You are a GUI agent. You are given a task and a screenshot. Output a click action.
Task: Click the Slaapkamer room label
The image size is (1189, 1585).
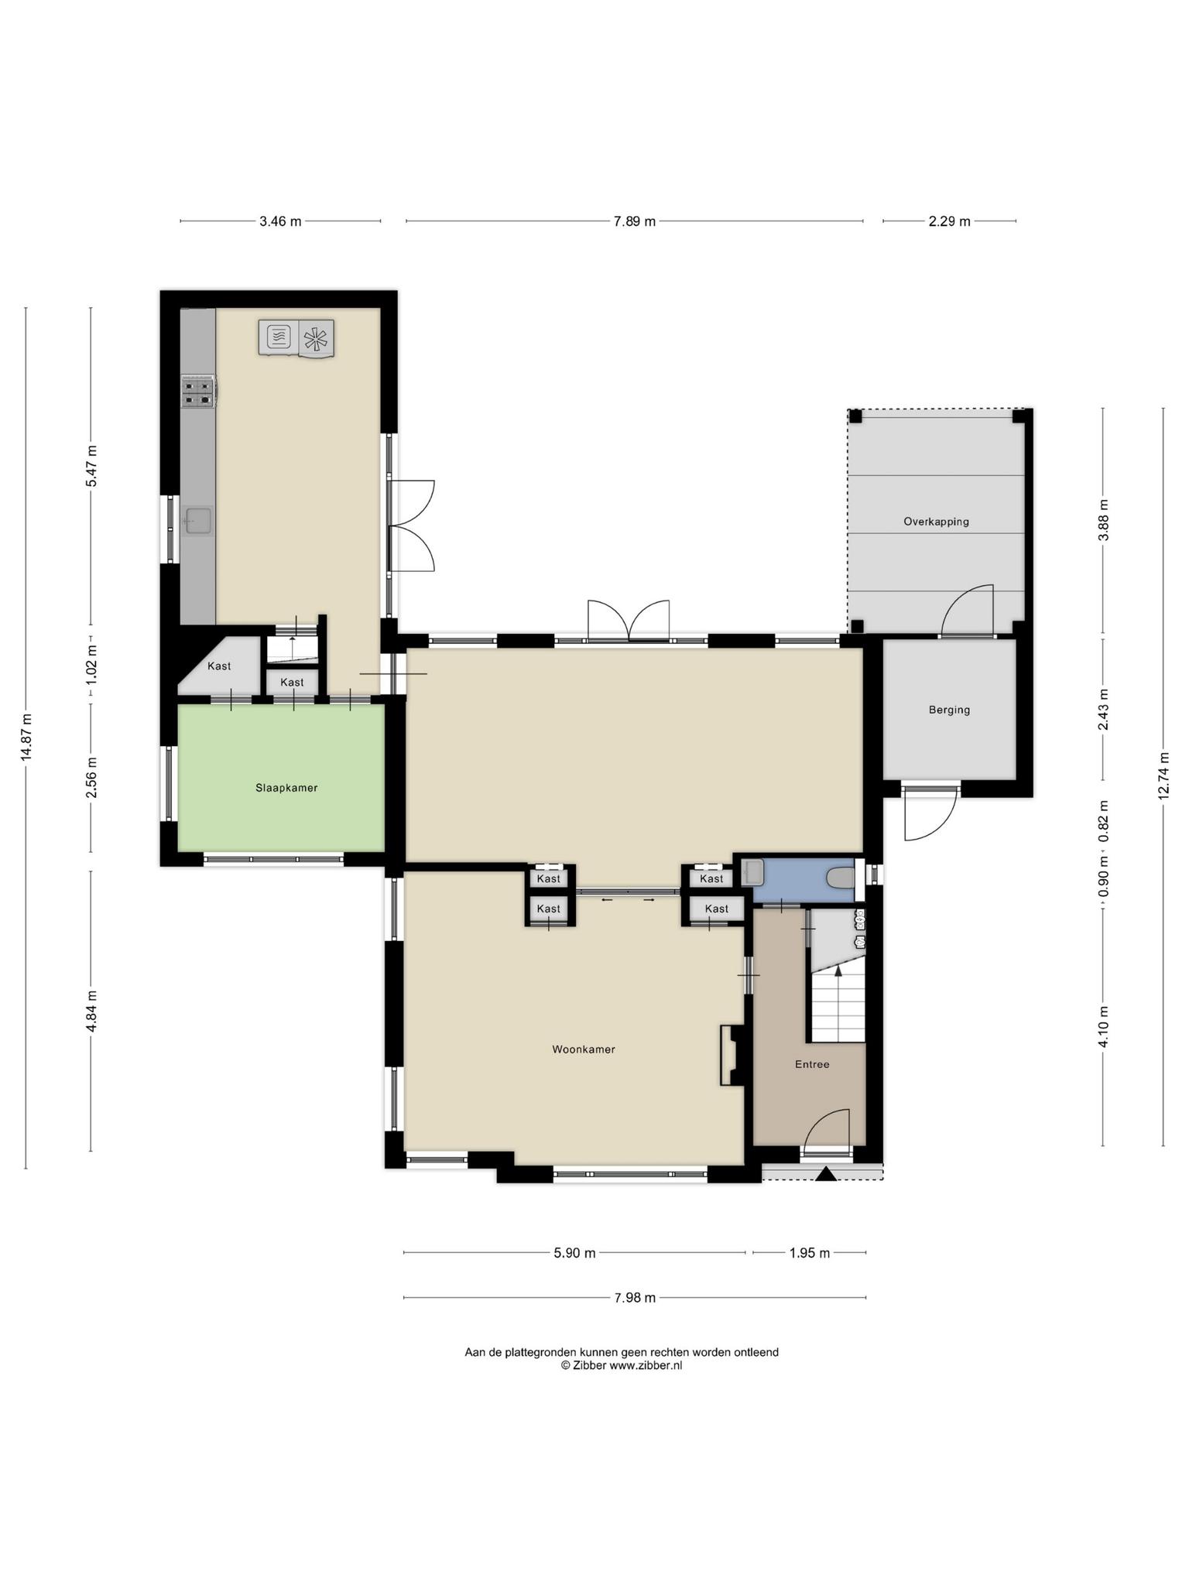(x=286, y=788)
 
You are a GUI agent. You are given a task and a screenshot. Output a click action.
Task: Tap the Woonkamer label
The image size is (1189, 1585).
(x=584, y=1049)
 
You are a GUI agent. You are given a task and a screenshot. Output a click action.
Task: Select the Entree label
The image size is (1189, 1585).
(x=812, y=1064)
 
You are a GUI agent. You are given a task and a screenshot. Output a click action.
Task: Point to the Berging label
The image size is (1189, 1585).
(x=949, y=710)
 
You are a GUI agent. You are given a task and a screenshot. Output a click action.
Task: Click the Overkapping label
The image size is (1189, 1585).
(x=936, y=522)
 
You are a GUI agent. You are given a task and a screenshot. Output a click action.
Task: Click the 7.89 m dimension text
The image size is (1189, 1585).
(x=635, y=221)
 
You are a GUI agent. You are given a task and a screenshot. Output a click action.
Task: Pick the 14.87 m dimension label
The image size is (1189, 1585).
(x=26, y=738)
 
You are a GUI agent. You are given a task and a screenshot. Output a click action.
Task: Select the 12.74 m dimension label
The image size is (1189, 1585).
(x=1163, y=777)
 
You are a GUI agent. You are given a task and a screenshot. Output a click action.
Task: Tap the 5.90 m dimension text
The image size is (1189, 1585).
(x=574, y=1253)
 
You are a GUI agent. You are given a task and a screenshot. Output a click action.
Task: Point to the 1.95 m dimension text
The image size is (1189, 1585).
(x=809, y=1253)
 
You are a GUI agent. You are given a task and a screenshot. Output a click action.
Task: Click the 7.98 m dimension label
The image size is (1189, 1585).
(x=635, y=1298)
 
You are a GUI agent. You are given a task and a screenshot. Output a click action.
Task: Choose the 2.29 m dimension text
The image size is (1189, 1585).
(x=949, y=221)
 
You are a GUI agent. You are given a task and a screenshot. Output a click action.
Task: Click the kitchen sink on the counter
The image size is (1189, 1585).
(x=198, y=521)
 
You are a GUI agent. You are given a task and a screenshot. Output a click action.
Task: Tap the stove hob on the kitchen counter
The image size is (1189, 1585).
(x=198, y=392)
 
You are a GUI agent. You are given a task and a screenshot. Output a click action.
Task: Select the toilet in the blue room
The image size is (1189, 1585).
(x=840, y=878)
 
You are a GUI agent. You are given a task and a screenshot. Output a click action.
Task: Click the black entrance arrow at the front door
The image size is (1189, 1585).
(x=826, y=1174)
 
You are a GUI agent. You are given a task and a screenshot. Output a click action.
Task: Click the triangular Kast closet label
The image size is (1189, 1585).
(x=219, y=666)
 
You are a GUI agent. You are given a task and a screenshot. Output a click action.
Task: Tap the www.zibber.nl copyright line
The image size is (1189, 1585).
(x=622, y=1366)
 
